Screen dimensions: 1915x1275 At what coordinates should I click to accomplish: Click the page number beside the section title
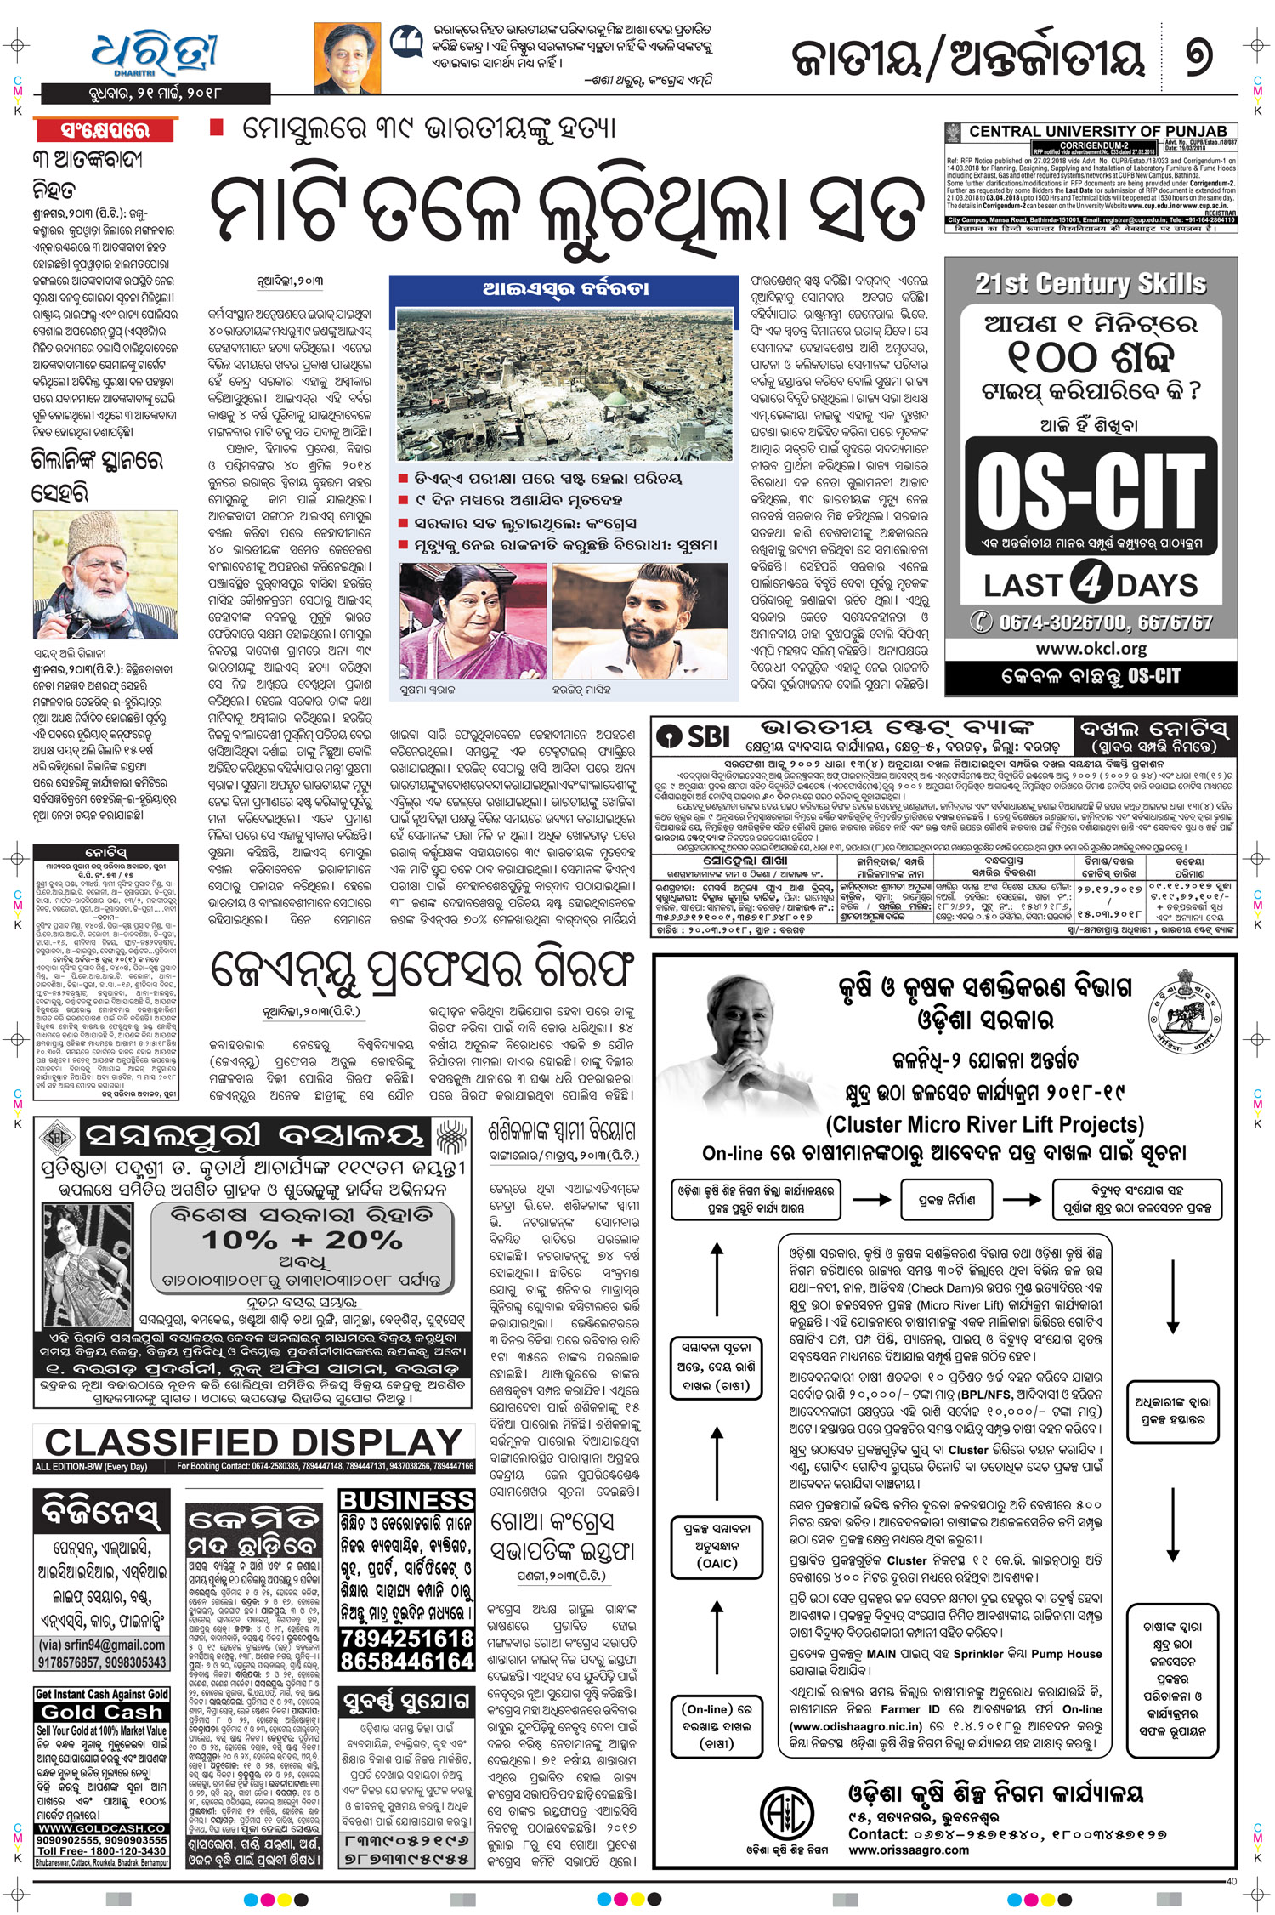click(1198, 57)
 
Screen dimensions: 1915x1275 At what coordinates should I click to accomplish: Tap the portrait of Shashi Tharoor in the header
click(347, 58)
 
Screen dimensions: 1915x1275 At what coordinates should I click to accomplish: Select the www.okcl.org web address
click(1091, 649)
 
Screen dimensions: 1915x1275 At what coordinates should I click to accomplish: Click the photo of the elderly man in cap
click(105, 574)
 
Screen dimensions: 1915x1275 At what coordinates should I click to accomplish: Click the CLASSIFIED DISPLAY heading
click(253, 1442)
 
